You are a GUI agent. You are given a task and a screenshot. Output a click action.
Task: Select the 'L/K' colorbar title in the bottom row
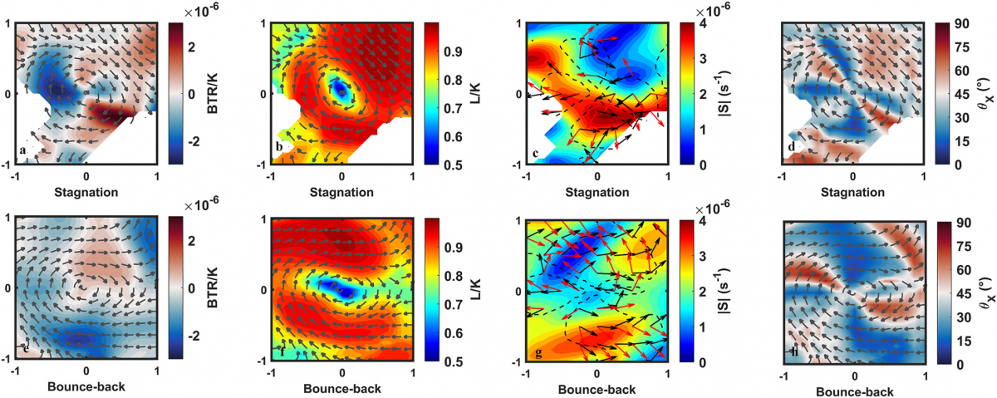(x=464, y=290)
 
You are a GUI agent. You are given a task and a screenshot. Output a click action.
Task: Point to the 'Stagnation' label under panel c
(x=596, y=192)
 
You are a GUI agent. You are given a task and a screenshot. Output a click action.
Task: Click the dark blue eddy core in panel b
(x=339, y=86)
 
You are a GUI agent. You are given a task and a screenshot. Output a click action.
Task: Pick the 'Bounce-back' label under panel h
(x=856, y=391)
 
